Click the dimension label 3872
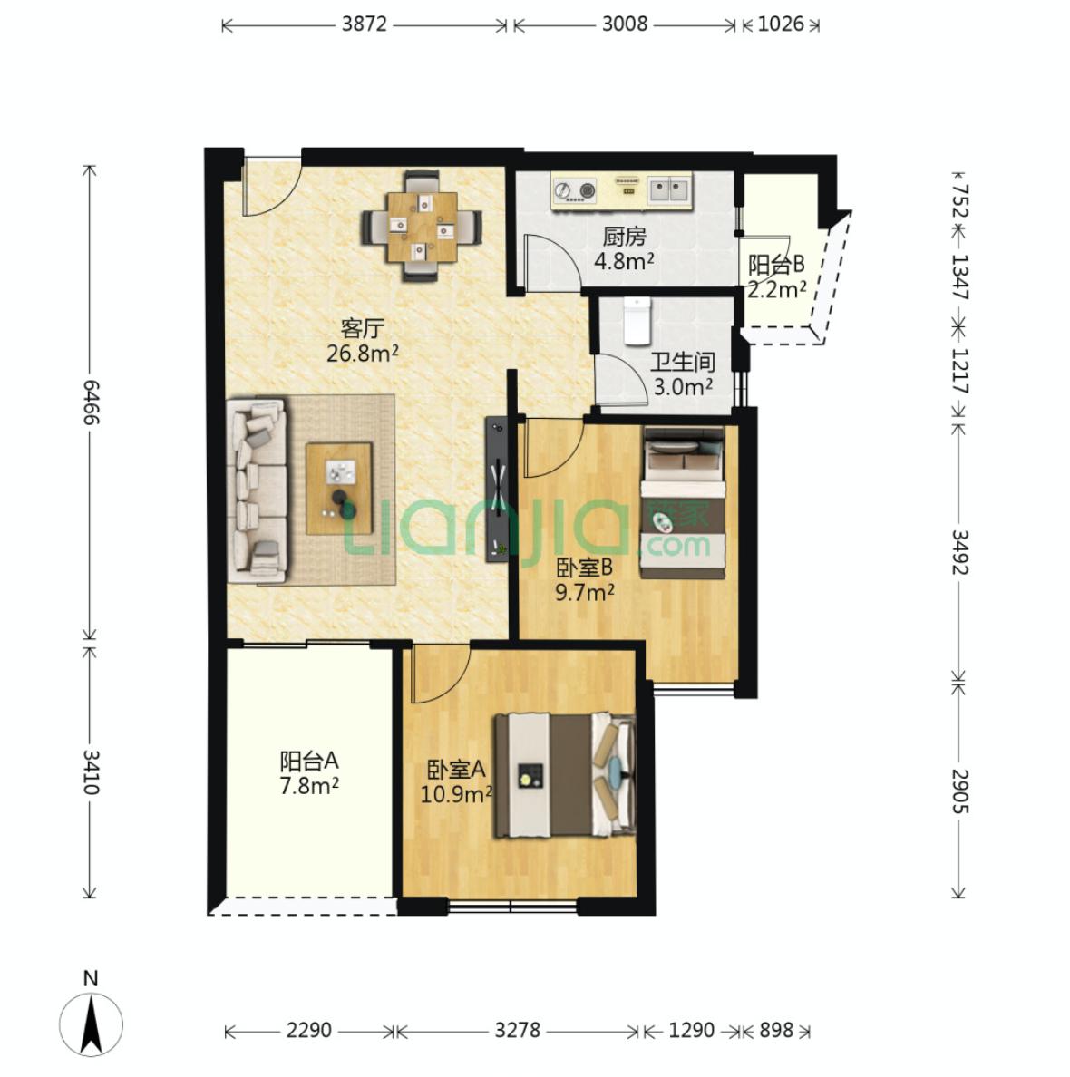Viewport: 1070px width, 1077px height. pyautogui.click(x=365, y=24)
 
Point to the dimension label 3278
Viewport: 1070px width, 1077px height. pyautogui.click(x=518, y=1030)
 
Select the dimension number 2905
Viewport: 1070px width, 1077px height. pyautogui.click(x=959, y=791)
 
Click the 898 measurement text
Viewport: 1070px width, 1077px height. pyautogui.click(x=776, y=1030)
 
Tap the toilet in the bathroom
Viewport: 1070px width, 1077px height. pyautogui.click(x=637, y=321)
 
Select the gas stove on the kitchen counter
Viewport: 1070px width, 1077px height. pyautogui.click(x=575, y=191)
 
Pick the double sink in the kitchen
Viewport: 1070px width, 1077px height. pyautogui.click(x=668, y=190)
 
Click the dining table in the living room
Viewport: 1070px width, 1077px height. pyautogui.click(x=422, y=227)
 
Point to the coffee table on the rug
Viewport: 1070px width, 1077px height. pyautogui.click(x=339, y=489)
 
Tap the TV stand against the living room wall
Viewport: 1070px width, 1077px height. pyautogui.click(x=497, y=490)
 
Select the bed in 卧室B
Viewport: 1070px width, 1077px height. pyautogui.click(x=683, y=502)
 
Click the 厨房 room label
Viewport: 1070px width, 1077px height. pyautogui.click(x=625, y=238)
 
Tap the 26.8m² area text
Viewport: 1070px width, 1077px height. pyautogui.click(x=363, y=354)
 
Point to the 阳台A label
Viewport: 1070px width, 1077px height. pyautogui.click(x=309, y=761)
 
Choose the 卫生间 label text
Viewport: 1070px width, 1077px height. pyautogui.click(x=683, y=362)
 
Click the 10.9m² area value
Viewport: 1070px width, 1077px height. pyautogui.click(x=456, y=795)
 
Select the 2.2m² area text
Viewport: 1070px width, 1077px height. pyautogui.click(x=776, y=290)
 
